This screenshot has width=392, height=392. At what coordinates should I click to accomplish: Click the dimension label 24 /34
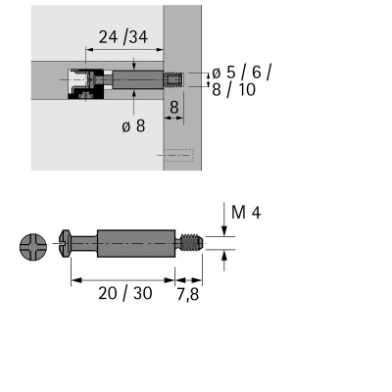point(122,38)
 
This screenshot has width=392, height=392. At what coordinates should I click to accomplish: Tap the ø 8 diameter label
point(134,125)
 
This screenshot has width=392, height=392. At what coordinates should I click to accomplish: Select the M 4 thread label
point(246,213)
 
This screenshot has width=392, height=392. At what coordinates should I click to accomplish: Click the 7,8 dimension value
point(189,293)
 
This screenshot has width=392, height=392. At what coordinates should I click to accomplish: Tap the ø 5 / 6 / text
point(241,72)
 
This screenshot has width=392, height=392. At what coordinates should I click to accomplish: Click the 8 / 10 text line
point(234,88)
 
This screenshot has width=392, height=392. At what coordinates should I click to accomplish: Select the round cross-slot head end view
point(33,246)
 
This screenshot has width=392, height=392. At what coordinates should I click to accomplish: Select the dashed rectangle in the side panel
point(179,155)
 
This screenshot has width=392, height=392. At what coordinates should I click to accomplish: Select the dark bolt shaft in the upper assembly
point(137,79)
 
